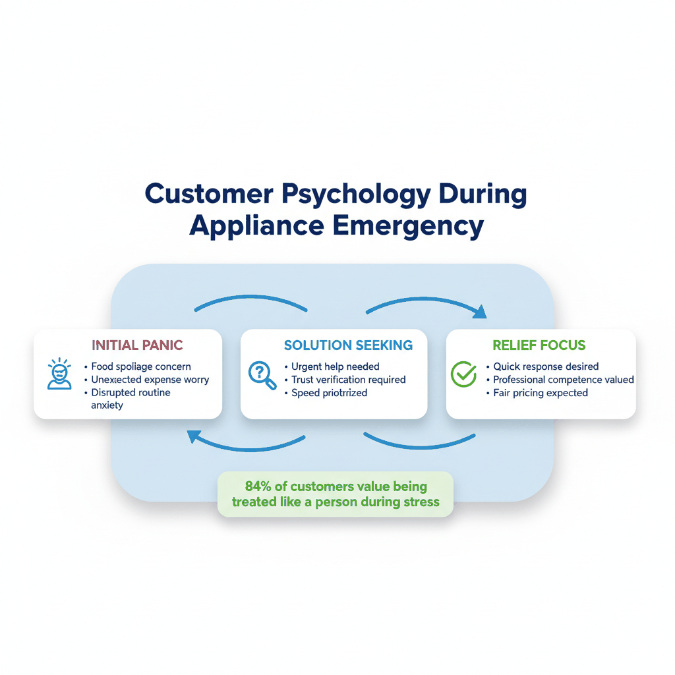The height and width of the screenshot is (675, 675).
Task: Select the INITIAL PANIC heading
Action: pos(137,345)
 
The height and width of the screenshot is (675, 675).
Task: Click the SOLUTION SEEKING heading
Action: pos(348,345)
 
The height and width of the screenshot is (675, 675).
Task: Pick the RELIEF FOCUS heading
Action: pos(539,345)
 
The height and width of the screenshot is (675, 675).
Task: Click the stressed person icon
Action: pos(60,374)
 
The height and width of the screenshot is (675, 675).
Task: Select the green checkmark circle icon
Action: pos(463,374)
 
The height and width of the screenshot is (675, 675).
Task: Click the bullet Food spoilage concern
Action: pos(140,367)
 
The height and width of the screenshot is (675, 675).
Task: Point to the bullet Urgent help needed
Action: pos(335,367)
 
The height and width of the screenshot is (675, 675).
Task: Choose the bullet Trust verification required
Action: pos(348,380)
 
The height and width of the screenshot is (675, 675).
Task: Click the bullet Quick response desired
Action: pos(546,367)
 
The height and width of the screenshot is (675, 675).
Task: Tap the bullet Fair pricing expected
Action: pos(541,393)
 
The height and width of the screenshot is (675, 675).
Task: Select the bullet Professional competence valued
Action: pos(564,380)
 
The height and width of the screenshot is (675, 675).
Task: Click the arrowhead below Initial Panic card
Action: pos(194,436)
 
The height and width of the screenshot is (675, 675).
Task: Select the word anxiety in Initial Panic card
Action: pos(107,405)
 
